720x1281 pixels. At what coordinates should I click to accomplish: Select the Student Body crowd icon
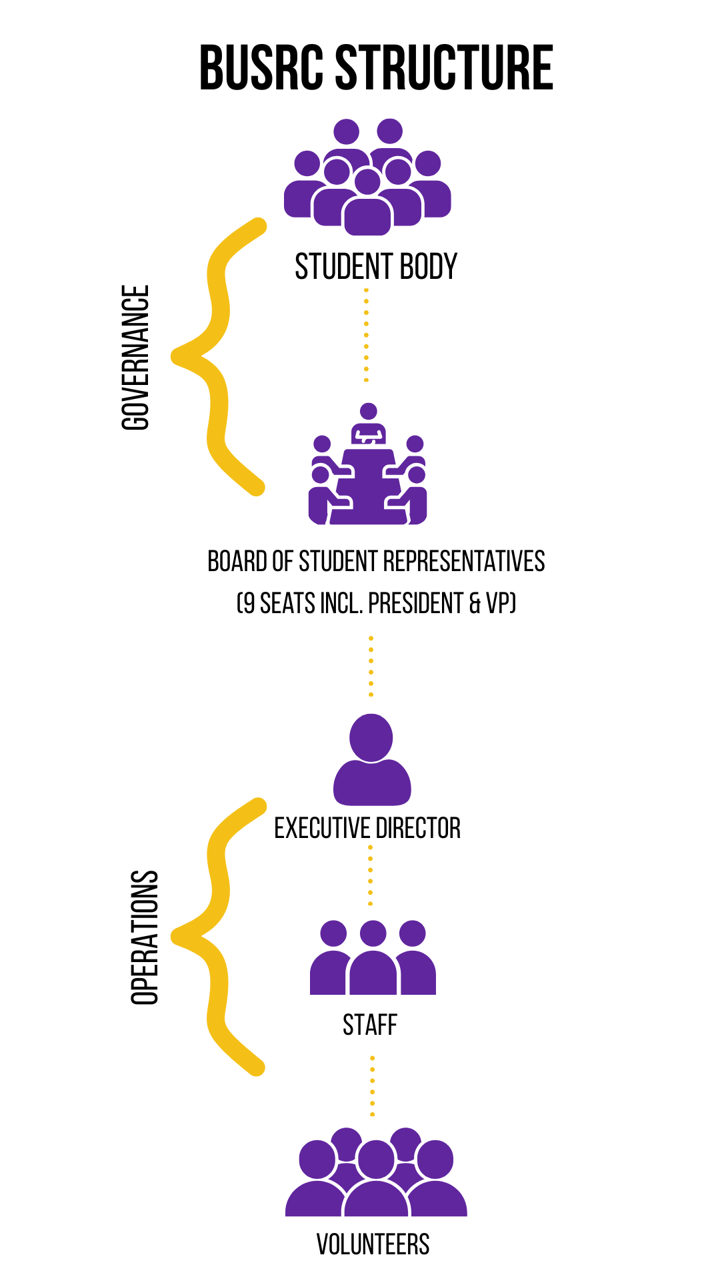(367, 177)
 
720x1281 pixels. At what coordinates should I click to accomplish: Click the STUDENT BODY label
(376, 267)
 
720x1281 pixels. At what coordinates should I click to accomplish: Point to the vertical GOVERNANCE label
(136, 358)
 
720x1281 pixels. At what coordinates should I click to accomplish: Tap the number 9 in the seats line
(249, 604)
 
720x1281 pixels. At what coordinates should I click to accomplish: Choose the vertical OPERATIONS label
(145, 937)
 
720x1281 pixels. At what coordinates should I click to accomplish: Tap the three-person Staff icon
(373, 958)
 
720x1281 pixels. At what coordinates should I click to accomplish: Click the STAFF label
(370, 1025)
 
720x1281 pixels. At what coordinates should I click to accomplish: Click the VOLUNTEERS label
(373, 1245)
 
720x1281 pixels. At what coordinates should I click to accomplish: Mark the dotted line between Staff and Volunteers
(372, 1086)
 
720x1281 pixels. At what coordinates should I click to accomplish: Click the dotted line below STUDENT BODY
(366, 335)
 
